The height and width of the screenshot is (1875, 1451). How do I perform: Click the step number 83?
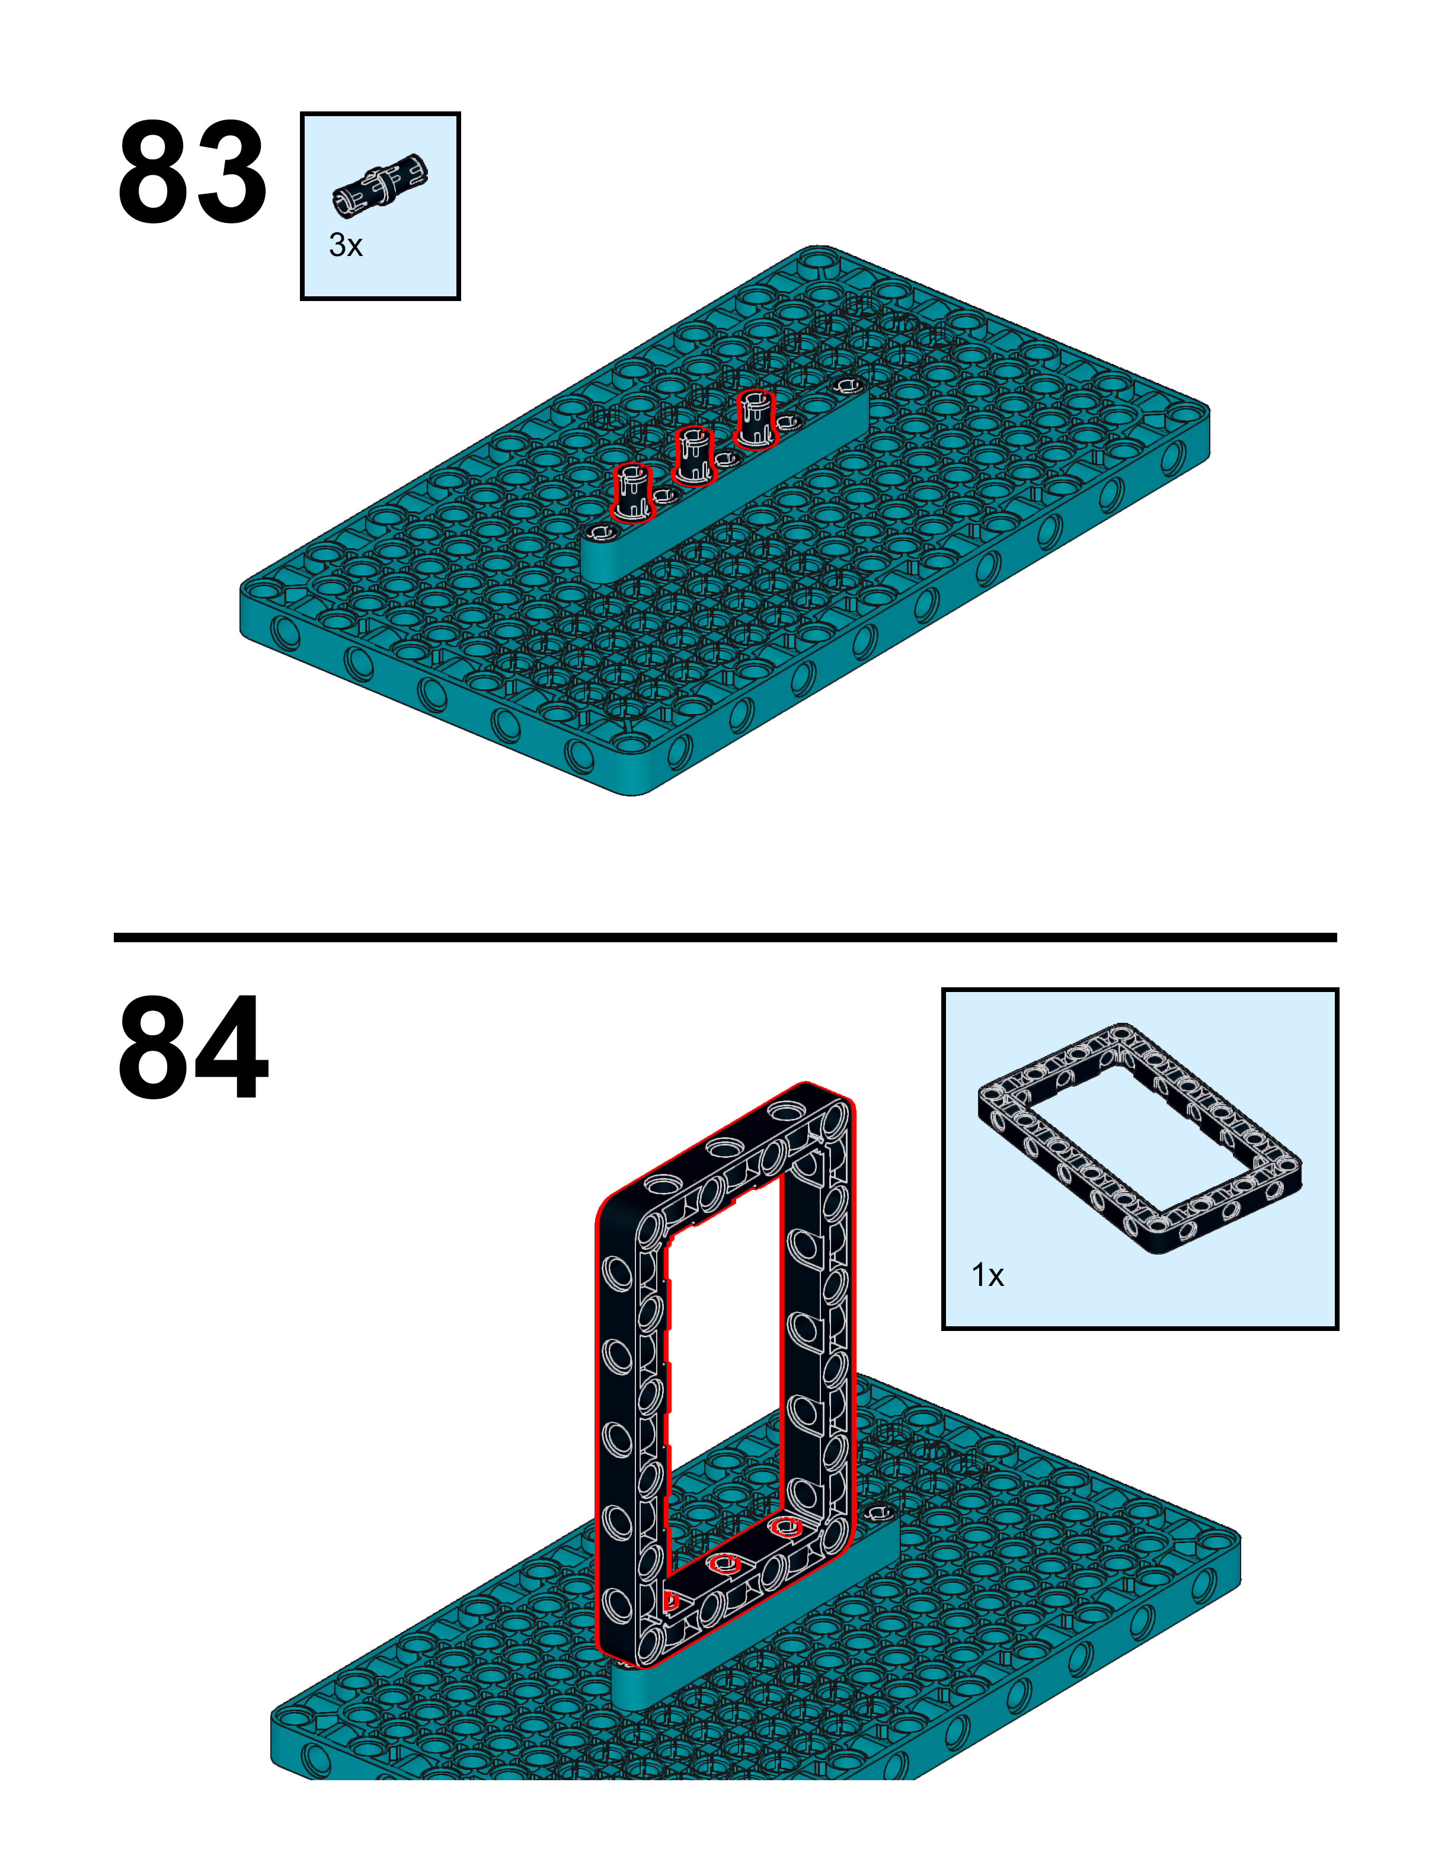tap(191, 174)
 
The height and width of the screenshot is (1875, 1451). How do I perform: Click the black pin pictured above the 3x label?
tap(381, 184)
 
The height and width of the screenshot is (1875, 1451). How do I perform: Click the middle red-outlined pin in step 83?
tap(693, 455)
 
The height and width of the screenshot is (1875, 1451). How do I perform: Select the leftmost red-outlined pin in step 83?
tap(632, 493)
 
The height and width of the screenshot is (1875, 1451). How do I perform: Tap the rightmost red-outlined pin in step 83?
tap(755, 418)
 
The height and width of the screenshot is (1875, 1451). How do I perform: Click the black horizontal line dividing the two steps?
tap(725, 937)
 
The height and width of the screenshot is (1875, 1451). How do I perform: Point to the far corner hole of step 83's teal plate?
tap(820, 258)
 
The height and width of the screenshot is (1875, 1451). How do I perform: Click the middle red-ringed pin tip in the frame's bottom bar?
tap(726, 1563)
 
